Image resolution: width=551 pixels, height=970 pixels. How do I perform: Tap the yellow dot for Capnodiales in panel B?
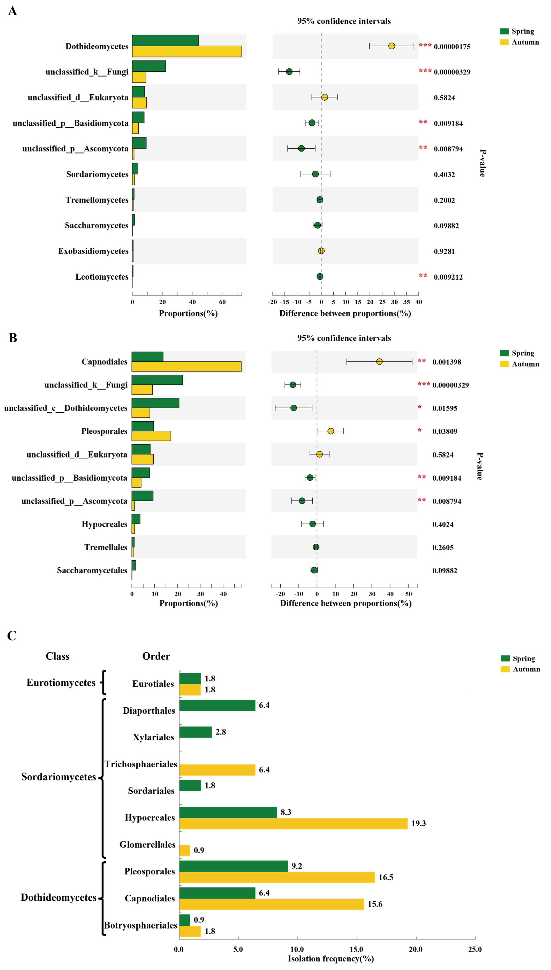pos(379,362)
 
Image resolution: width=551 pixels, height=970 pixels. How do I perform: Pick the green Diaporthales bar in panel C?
pos(217,705)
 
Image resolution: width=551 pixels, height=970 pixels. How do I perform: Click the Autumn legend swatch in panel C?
pos(505,669)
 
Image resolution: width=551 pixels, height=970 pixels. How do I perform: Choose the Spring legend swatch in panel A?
pos(504,31)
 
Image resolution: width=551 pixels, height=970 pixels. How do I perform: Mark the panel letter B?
pos(13,338)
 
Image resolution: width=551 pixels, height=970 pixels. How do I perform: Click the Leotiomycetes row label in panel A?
pos(102,277)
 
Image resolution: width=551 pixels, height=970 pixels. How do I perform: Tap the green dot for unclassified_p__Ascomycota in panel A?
pos(301,148)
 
